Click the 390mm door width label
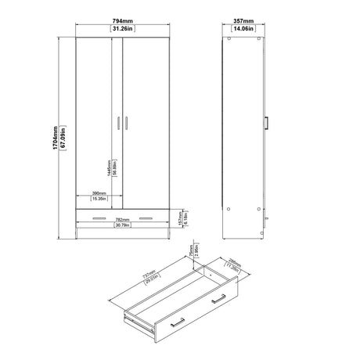(x=99, y=192)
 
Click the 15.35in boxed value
(x=99, y=200)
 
